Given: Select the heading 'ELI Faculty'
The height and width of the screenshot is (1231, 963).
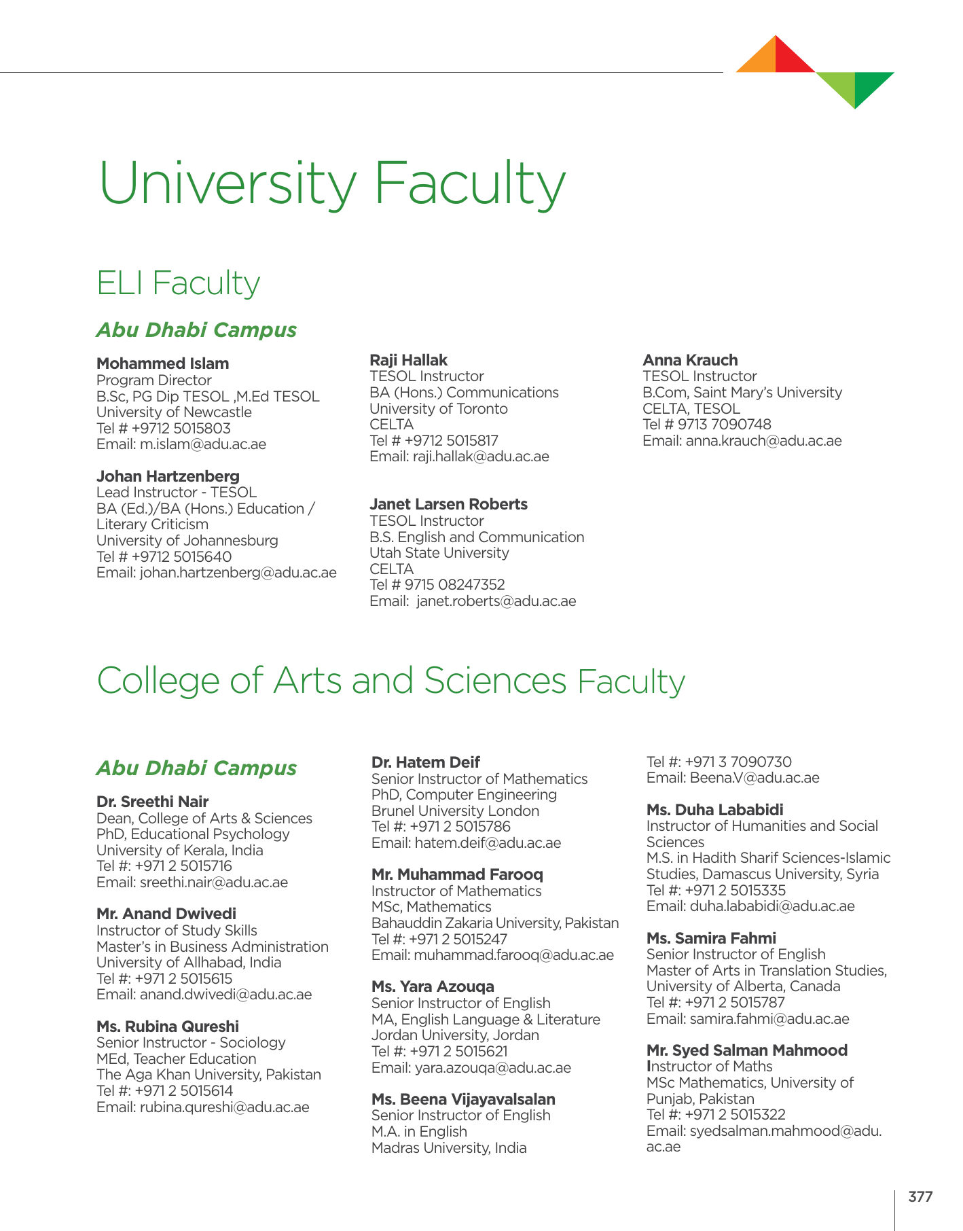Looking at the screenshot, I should point(178,283).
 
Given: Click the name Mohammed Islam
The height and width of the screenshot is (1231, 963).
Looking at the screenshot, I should point(162,363).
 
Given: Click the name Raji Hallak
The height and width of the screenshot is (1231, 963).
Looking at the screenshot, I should point(408,360).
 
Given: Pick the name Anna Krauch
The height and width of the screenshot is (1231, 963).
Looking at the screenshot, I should point(690,360).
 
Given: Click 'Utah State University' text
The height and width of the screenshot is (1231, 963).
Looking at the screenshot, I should point(439,553).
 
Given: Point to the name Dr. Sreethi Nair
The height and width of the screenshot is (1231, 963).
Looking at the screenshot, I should point(152,802).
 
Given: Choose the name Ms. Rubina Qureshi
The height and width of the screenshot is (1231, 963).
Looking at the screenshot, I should point(168,1026).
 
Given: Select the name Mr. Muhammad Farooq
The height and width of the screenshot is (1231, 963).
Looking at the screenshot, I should point(457,874).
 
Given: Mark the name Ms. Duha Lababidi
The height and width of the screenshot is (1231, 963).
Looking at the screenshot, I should point(714,810).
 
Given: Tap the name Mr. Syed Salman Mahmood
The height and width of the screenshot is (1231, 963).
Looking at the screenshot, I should point(747,1050).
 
